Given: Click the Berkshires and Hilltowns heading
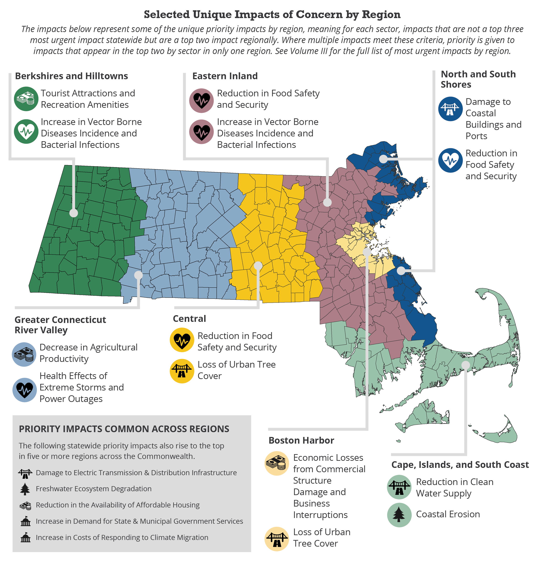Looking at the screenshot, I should pos(71,76).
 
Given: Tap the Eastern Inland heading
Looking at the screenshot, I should pos(225,76).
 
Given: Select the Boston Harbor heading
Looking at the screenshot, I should pos(301,440).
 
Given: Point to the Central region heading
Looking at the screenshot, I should pos(189,319).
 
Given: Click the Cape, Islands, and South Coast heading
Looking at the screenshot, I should pos(460,464).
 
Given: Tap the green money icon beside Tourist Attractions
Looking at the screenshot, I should pos(26,99).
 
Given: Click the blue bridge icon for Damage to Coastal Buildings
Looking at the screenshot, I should pos(450,109).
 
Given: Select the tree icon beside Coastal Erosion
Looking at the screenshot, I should pos(399,515).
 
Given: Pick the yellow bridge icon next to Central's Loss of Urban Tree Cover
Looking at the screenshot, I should pos(181,371).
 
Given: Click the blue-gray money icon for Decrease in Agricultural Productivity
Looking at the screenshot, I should pos(24,354).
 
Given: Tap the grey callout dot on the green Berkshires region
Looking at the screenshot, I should pos(74,213).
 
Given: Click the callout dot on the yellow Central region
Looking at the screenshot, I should pos(258,266).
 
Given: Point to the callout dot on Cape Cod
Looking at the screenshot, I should pos(465,365).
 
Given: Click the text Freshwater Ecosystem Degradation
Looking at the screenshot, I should pos(94,489).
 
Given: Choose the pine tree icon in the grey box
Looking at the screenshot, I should pos(25,489).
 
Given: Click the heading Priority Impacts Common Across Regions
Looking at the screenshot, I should pos(124,429).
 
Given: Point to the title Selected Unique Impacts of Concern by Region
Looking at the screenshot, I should pos(272,14).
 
